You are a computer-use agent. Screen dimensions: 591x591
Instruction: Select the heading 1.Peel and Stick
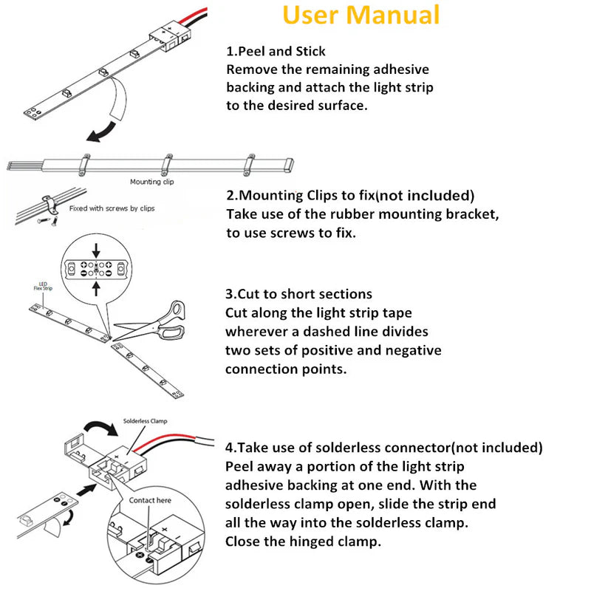click(276, 51)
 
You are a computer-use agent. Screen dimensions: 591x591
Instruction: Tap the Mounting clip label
click(151, 181)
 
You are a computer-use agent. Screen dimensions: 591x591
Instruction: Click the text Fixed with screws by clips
click(112, 208)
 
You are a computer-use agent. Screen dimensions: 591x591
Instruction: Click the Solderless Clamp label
click(147, 421)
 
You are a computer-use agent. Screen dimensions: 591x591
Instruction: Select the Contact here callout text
click(150, 500)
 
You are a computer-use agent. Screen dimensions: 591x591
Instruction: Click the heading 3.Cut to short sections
click(298, 293)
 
